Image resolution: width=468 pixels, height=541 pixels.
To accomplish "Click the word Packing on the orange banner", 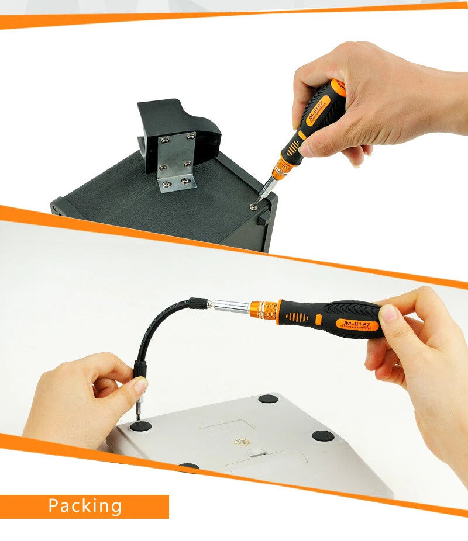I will (x=85, y=506).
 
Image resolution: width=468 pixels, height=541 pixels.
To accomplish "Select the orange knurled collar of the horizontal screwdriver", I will (x=264, y=308).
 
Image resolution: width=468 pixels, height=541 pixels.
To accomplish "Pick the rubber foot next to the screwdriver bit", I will (x=140, y=426).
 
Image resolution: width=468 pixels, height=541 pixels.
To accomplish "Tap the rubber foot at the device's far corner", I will (x=269, y=399).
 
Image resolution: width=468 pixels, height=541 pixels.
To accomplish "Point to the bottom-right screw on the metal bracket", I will (x=186, y=181).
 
